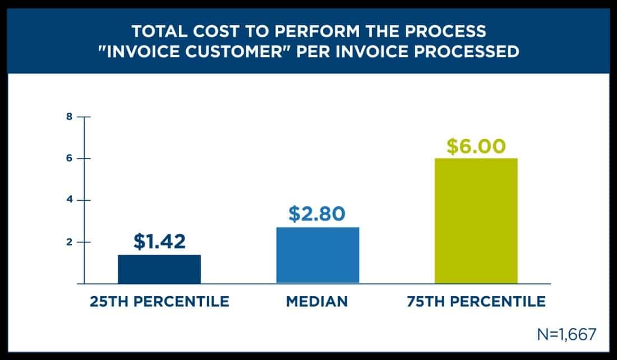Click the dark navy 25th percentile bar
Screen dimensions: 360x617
point(159,269)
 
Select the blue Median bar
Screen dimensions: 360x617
point(317,255)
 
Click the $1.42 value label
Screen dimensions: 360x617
point(159,241)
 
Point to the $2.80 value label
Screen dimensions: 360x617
point(317,214)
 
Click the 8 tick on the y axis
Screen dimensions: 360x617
point(69,117)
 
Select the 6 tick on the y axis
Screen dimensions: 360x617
point(69,159)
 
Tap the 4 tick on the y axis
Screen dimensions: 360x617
point(69,200)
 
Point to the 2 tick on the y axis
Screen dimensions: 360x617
point(69,242)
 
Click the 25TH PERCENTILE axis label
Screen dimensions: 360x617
point(159,302)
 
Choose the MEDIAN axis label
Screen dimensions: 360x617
point(317,302)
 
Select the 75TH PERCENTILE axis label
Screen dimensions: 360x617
point(476,302)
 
